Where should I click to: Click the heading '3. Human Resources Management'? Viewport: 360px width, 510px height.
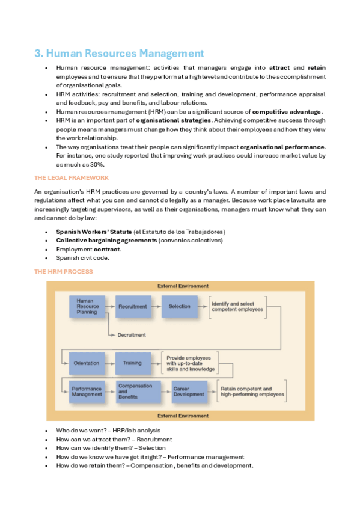(119, 53)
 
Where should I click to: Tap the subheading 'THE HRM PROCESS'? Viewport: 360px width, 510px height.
(63, 272)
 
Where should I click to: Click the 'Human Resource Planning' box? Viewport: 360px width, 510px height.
(87, 306)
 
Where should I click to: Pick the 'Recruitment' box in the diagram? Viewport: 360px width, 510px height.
(132, 306)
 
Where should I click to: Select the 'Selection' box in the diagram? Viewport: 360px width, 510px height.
(178, 306)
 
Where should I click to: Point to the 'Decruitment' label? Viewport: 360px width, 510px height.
(132, 334)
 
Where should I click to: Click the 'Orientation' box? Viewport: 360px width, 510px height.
(87, 363)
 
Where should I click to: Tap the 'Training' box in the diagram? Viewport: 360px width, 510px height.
(132, 363)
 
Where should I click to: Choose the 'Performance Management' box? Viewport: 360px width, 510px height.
(87, 392)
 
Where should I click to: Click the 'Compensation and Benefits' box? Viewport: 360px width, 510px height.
(135, 392)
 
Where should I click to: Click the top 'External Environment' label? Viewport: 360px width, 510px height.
(183, 286)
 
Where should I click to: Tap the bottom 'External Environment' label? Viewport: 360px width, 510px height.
(183, 416)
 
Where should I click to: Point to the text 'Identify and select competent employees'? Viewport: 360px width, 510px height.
(237, 306)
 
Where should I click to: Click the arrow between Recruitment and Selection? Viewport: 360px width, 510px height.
(156, 306)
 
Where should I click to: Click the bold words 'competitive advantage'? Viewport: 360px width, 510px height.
(287, 112)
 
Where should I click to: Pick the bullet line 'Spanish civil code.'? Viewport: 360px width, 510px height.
(83, 258)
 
